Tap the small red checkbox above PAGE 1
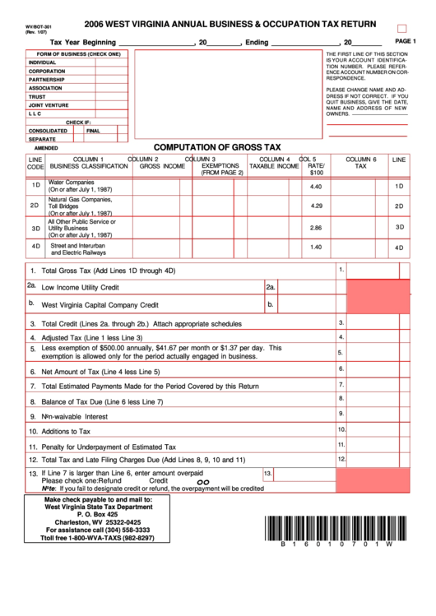point(402,28)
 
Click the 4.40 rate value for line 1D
point(316,187)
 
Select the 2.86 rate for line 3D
point(316,227)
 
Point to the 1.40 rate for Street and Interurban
point(316,247)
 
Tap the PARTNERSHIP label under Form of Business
point(51,80)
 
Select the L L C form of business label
point(40,113)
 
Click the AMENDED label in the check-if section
point(46,147)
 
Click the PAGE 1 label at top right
point(406,40)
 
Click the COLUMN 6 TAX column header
point(360,162)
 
